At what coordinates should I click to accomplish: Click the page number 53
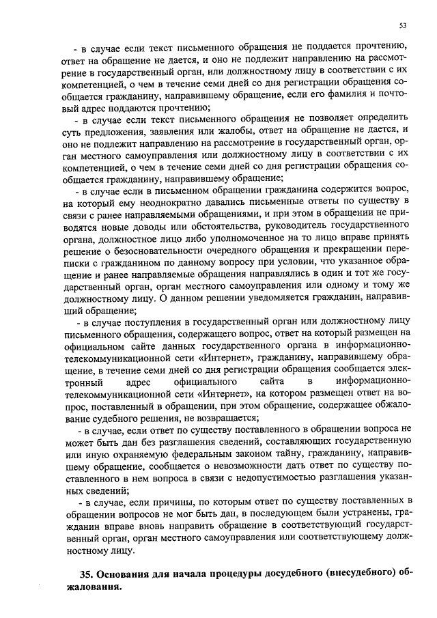[x=403, y=25]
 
